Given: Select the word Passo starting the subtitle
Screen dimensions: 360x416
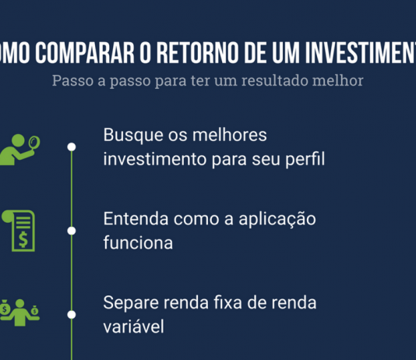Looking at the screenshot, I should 72,80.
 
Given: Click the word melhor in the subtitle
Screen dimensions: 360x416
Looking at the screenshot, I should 338,80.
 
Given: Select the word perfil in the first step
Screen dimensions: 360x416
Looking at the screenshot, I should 300,160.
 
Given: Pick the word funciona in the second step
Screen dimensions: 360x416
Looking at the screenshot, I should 137,243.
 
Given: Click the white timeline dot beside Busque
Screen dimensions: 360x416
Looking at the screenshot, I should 72,146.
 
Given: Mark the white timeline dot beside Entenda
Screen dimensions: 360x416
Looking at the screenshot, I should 72,231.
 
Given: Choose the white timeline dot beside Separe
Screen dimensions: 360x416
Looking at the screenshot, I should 72,315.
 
